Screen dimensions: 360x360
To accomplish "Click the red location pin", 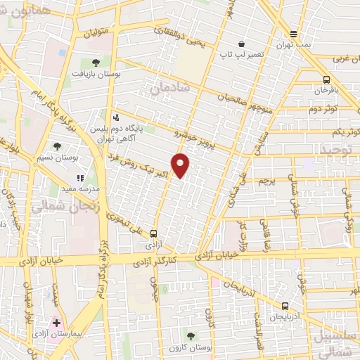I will tap(181, 165).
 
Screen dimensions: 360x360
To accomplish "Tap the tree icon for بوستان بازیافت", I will tap(96, 63).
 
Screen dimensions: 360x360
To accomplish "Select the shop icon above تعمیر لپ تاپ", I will tap(242, 44).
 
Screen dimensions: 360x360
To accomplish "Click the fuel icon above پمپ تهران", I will tap(293, 33).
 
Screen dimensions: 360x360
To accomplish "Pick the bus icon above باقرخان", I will tap(326, 80).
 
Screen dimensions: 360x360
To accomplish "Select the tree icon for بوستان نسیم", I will tap(57, 146).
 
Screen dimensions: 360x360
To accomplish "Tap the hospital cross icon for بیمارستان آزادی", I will tap(57, 323).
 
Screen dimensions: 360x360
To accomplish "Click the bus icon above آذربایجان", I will tap(284, 307).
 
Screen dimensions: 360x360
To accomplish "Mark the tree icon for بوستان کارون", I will tap(191, 337).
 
